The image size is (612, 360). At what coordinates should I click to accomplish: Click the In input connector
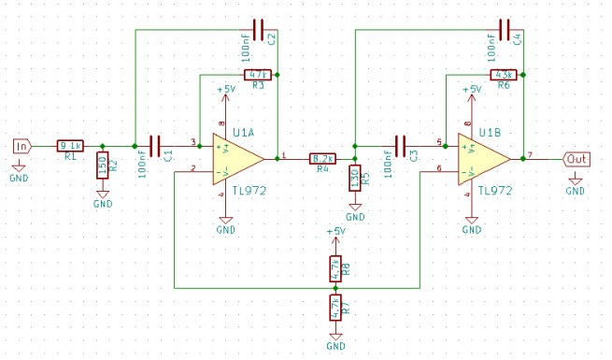tap(21, 145)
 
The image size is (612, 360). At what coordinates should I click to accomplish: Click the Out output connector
tap(576, 159)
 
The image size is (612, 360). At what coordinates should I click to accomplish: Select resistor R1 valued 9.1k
tap(71, 145)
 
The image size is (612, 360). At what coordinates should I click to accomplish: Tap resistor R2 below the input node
tap(103, 168)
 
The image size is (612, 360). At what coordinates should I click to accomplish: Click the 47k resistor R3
tap(257, 74)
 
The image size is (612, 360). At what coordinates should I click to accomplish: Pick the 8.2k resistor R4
tap(323, 159)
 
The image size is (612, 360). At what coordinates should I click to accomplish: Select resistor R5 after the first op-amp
tap(355, 179)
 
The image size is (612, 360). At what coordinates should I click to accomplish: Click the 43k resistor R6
tap(505, 74)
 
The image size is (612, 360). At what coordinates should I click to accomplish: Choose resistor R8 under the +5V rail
tap(335, 269)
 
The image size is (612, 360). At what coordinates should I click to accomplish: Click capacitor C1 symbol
tap(155, 145)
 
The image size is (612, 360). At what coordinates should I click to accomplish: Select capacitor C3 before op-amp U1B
tap(402, 145)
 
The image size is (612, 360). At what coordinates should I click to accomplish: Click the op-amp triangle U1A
tap(234, 158)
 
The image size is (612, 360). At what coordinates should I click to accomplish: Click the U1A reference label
tap(245, 132)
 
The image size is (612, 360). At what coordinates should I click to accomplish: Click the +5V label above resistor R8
tap(335, 230)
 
